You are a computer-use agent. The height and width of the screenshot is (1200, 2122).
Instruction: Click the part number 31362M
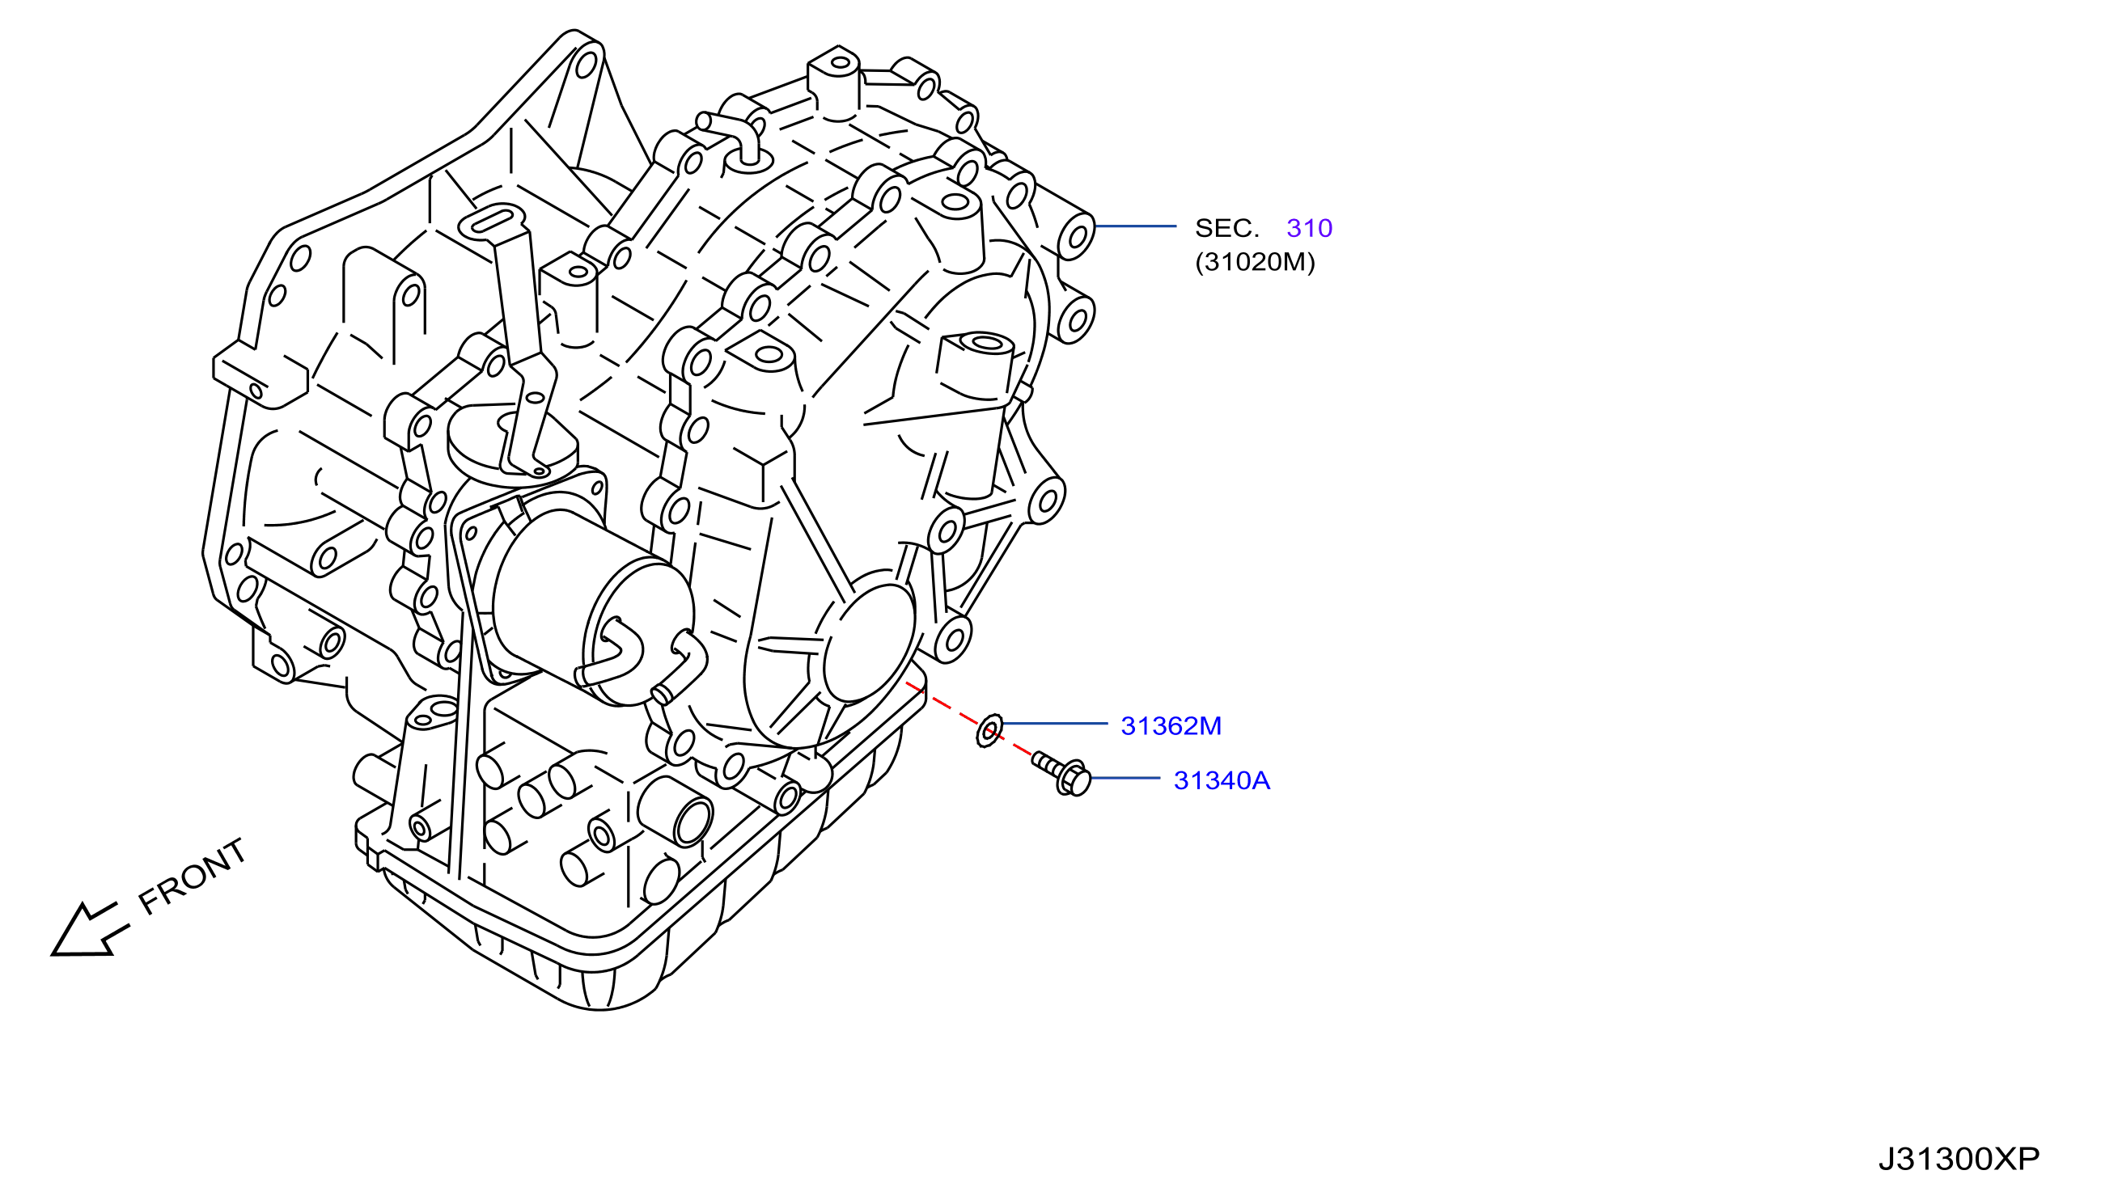(x=1171, y=726)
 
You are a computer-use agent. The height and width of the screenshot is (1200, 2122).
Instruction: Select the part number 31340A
(x=1222, y=780)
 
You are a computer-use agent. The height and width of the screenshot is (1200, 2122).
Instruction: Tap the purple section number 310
(x=1309, y=228)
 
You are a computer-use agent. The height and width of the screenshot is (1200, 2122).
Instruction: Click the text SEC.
(x=1227, y=228)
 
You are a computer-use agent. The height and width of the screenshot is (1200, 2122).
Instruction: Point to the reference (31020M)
(x=1255, y=262)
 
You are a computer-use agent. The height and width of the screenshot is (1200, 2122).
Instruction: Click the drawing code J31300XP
(x=1959, y=1159)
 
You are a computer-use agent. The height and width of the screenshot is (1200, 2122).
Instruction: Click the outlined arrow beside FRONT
(x=88, y=932)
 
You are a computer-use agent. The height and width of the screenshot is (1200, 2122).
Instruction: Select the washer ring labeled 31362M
(x=989, y=730)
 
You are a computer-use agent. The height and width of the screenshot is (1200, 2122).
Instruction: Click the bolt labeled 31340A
(x=1062, y=773)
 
